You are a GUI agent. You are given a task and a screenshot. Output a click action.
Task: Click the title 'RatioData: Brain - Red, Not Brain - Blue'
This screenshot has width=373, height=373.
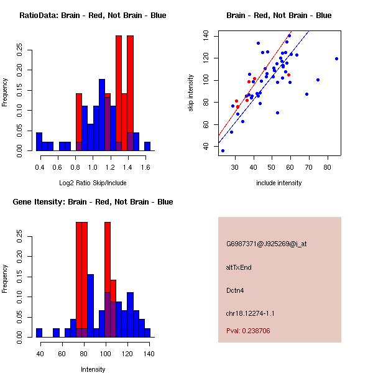click(x=93, y=15)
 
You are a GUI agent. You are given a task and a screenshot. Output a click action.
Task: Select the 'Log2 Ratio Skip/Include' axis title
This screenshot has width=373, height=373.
click(x=93, y=183)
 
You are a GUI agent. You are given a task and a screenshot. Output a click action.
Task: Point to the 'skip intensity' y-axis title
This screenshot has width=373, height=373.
click(x=192, y=93)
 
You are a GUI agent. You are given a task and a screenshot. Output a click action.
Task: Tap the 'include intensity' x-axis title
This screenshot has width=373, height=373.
click(x=279, y=183)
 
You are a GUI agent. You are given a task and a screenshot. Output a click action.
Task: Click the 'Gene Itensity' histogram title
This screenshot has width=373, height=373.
click(x=93, y=201)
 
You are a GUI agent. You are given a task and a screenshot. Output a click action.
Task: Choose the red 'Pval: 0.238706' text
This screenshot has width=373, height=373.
click(x=248, y=331)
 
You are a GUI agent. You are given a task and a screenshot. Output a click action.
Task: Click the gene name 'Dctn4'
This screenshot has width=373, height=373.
click(x=236, y=290)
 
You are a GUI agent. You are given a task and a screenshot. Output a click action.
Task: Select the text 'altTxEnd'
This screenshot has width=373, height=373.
click(x=239, y=267)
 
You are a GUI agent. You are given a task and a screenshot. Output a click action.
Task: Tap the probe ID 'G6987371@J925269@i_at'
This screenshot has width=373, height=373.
click(x=267, y=244)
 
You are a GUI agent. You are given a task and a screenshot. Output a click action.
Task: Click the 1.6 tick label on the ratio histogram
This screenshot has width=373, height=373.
click(x=146, y=167)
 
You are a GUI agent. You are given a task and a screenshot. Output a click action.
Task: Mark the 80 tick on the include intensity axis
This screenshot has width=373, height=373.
click(x=327, y=167)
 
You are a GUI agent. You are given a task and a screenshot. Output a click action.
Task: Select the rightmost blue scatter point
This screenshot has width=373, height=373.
click(x=336, y=59)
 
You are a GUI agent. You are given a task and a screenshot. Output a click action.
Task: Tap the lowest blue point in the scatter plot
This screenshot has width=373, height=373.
click(x=223, y=150)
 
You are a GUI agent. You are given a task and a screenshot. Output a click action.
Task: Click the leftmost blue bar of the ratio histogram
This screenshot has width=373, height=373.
click(x=39, y=142)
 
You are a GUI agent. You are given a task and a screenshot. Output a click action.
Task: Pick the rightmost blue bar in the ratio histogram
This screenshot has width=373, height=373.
click(x=147, y=147)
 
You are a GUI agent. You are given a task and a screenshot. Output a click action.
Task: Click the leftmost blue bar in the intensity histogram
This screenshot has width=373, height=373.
click(x=39, y=333)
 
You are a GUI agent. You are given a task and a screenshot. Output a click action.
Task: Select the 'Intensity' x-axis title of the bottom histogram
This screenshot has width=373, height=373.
click(x=93, y=369)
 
